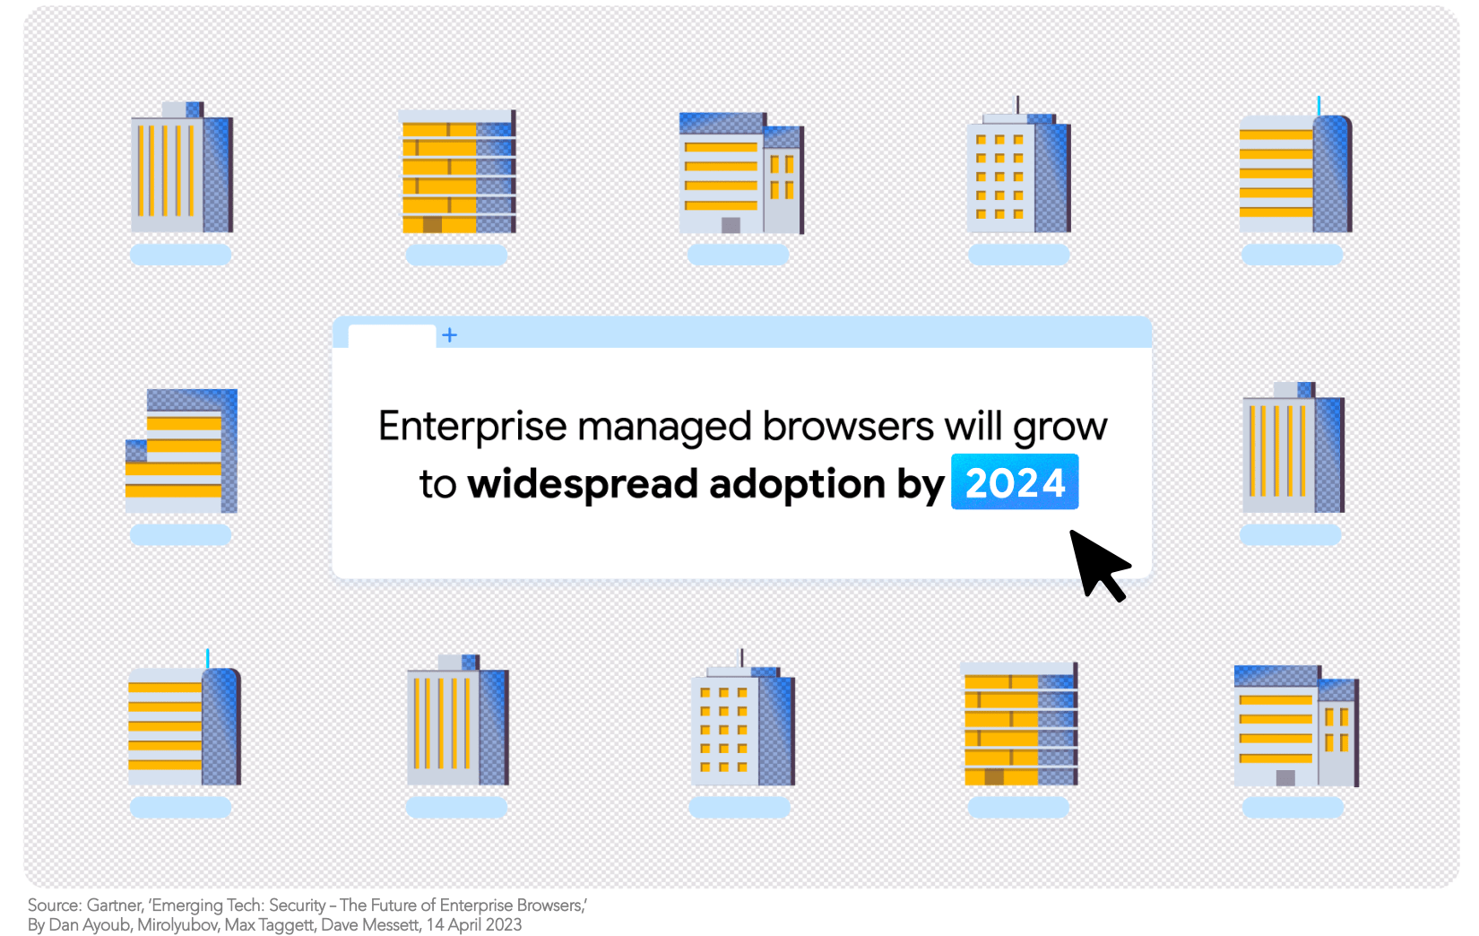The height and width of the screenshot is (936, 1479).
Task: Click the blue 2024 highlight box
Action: (x=1014, y=481)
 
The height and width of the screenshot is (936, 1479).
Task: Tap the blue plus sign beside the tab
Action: (x=450, y=335)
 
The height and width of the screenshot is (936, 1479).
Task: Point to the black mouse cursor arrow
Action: (x=1099, y=566)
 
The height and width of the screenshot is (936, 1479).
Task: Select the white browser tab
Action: (x=392, y=336)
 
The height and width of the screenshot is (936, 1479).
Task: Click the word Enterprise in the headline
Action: (x=472, y=427)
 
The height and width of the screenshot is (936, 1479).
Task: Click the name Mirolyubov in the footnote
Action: (x=177, y=924)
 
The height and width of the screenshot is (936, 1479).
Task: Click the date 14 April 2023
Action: (x=473, y=924)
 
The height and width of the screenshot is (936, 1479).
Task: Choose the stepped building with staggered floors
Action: (x=182, y=451)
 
